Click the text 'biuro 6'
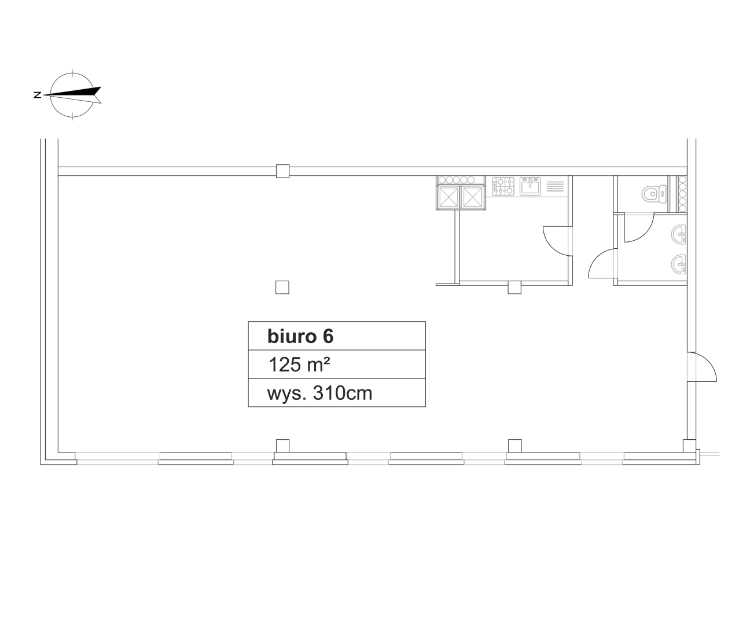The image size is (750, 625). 300,336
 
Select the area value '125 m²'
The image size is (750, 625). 299,365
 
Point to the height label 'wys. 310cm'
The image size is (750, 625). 319,394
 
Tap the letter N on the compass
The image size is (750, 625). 38,95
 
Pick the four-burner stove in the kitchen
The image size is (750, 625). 503,186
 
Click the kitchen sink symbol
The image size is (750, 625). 530,186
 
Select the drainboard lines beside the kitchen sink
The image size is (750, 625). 555,186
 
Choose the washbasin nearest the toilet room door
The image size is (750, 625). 678,234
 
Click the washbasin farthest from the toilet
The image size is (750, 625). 678,264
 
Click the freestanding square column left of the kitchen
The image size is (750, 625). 282,288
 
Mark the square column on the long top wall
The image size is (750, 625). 282,171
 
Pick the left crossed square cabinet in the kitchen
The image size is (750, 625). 448,197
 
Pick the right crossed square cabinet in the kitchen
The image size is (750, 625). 473,197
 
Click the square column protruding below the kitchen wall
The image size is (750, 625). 514,288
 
